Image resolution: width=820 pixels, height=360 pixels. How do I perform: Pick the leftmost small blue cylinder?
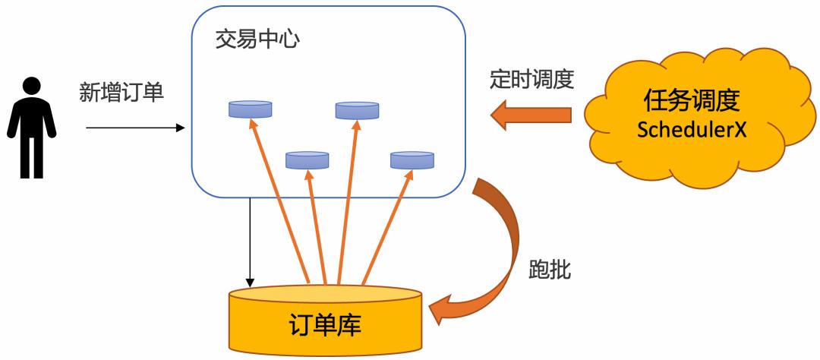tap(250, 109)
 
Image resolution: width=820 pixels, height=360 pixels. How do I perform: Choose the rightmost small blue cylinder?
tap(412, 159)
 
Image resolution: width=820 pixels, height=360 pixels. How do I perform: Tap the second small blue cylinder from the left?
tap(307, 159)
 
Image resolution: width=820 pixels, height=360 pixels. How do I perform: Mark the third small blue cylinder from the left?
tap(357, 111)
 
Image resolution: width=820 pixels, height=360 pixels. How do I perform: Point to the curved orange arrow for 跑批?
tap(501, 251)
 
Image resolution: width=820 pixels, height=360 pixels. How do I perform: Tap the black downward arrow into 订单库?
tap(250, 243)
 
